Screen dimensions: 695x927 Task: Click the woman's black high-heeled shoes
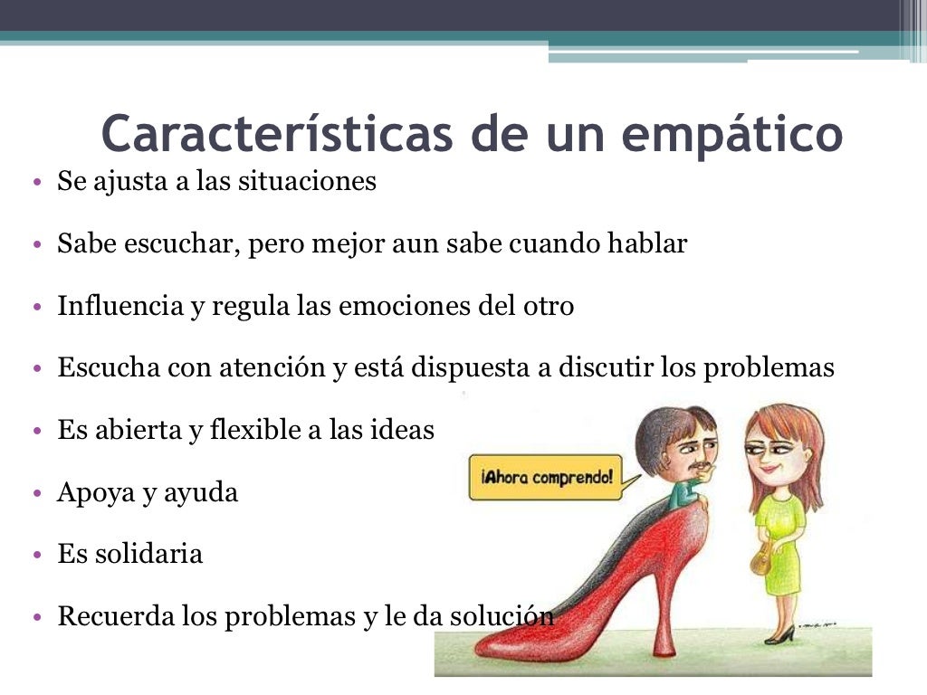[x=779, y=635]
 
